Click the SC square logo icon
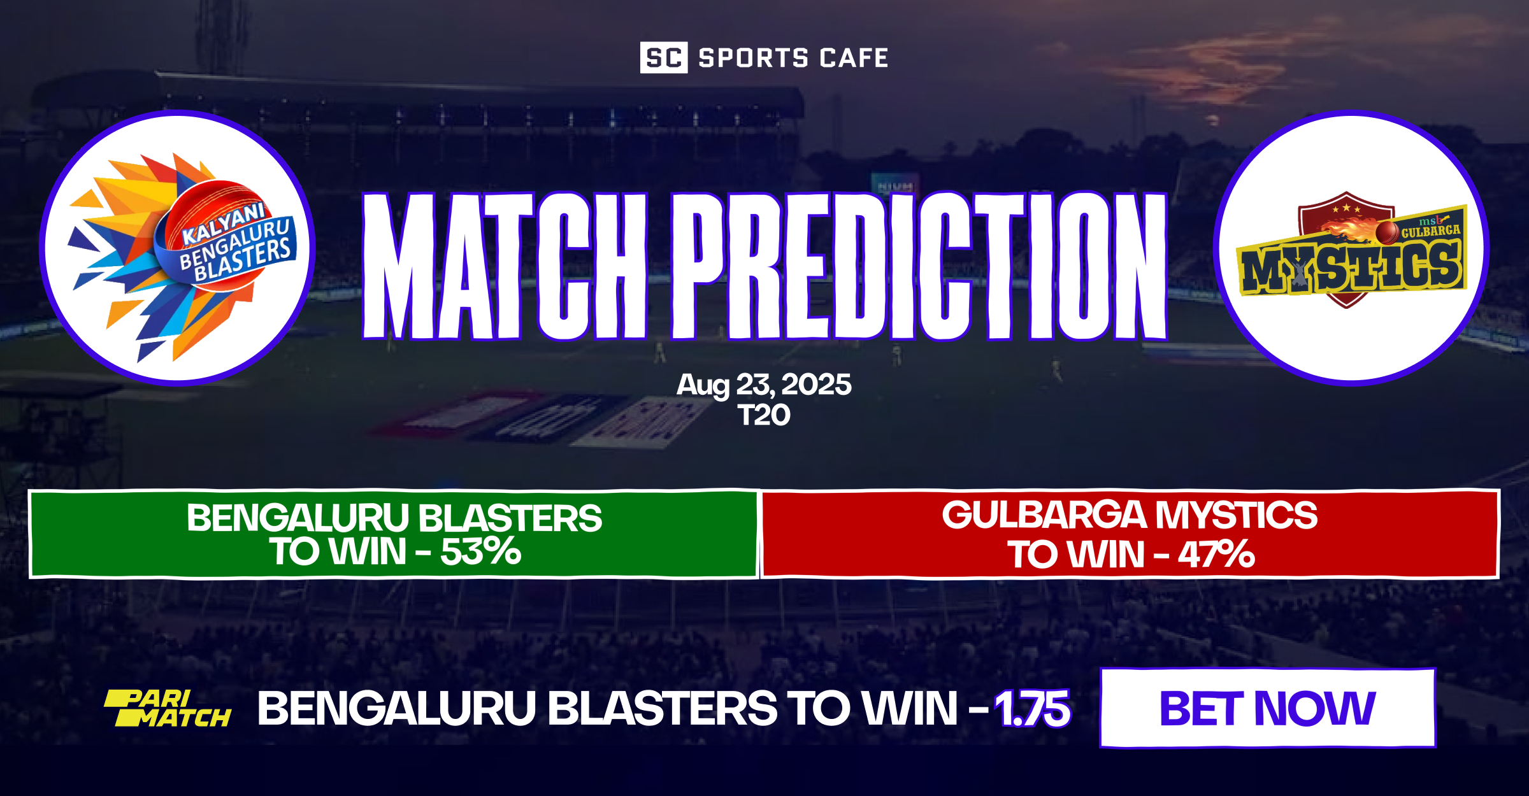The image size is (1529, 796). [x=663, y=58]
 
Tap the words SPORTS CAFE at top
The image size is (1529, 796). [x=793, y=58]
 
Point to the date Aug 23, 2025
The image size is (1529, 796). [x=764, y=385]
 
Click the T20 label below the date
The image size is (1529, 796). [x=764, y=416]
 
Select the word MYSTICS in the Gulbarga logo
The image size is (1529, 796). [x=1351, y=267]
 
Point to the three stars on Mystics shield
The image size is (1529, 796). [x=1346, y=208]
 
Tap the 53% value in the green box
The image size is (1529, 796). [x=481, y=551]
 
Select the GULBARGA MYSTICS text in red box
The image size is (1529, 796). [x=1130, y=515]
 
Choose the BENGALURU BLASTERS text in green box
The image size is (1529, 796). [x=394, y=518]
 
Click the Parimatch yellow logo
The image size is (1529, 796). [x=168, y=709]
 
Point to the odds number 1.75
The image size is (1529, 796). [x=1032, y=709]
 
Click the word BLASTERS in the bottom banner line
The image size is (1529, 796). [x=663, y=709]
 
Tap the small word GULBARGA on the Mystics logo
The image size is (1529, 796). [x=1430, y=231]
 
